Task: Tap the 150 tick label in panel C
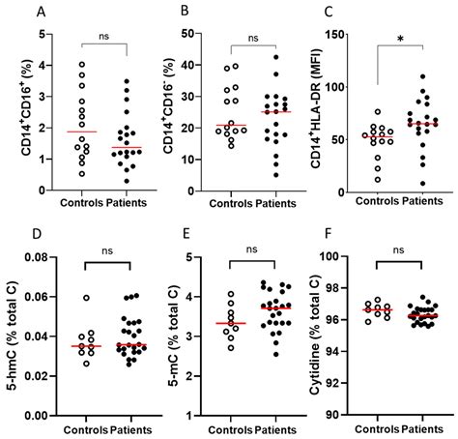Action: (336, 35)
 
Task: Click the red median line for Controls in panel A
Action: (81, 132)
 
